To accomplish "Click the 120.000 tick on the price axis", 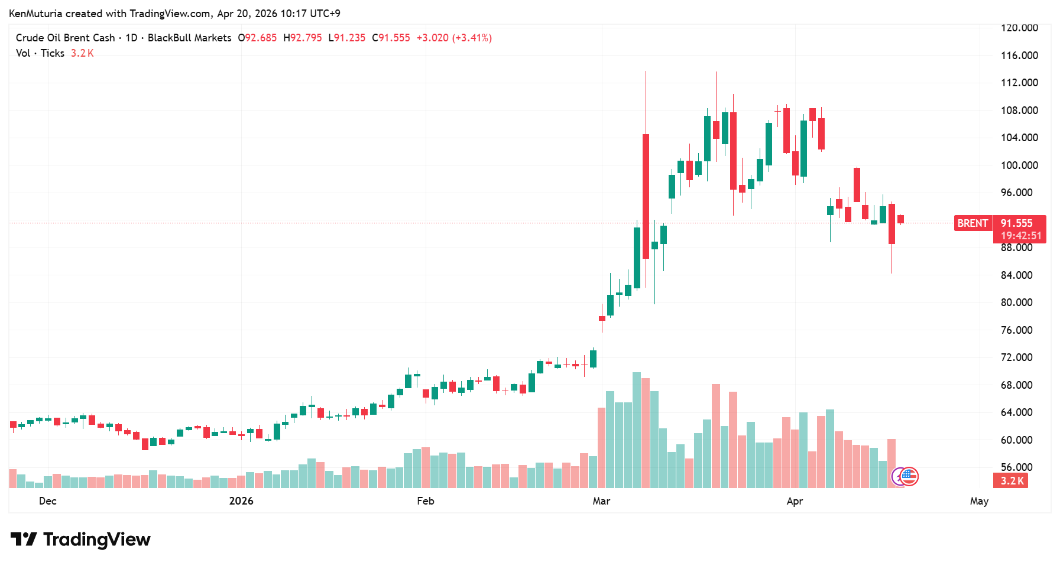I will pyautogui.click(x=1019, y=28).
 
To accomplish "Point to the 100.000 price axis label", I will pyautogui.click(x=1019, y=165).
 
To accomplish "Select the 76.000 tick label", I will pyautogui.click(x=1017, y=330).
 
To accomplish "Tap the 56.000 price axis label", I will pyautogui.click(x=1017, y=467).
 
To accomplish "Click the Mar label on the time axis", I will pyautogui.click(x=601, y=501).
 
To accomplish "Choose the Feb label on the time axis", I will pyautogui.click(x=426, y=501).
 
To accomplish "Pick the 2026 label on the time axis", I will pyautogui.click(x=241, y=501).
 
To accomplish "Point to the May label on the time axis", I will pyautogui.click(x=979, y=501).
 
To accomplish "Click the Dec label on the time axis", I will pyautogui.click(x=48, y=501).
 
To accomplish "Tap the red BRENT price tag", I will pyautogui.click(x=973, y=223).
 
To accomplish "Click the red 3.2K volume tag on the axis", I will pyautogui.click(x=1012, y=481).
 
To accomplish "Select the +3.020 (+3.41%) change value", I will pyautogui.click(x=454, y=38).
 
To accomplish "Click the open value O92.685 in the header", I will pyautogui.click(x=257, y=38).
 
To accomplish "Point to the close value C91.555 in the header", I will pyautogui.click(x=391, y=38).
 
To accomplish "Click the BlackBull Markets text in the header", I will pyautogui.click(x=189, y=38).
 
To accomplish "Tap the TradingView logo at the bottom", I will pyautogui.click(x=81, y=539).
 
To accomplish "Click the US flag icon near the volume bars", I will pyautogui.click(x=909, y=476).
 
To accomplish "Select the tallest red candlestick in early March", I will pyautogui.click(x=646, y=196).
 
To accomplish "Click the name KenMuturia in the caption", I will pyautogui.click(x=35, y=14).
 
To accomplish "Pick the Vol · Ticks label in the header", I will pyautogui.click(x=40, y=53).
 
